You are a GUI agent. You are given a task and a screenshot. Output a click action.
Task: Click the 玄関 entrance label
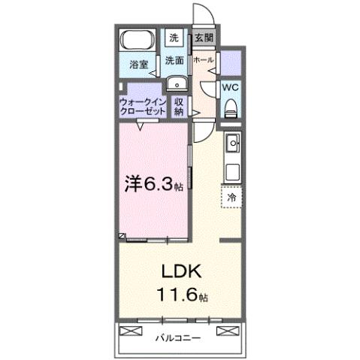point(204,37)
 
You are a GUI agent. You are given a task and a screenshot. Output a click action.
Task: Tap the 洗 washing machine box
point(174,37)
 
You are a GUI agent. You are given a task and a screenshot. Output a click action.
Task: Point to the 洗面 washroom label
point(174,60)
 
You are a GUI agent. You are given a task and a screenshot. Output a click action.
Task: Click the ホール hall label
point(204,60)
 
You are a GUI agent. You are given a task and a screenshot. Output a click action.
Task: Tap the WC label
point(231,87)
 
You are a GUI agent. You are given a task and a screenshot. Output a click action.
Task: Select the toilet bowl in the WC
point(231,107)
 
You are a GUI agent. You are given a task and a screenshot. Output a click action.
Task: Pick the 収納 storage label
point(179,105)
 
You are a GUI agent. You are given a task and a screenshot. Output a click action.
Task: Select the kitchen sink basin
point(232,142)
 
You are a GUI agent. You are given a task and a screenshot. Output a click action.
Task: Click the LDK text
point(180,271)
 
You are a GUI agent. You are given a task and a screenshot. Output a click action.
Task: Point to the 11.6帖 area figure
point(180,296)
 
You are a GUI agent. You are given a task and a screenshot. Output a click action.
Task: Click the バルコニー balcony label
point(179,338)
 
